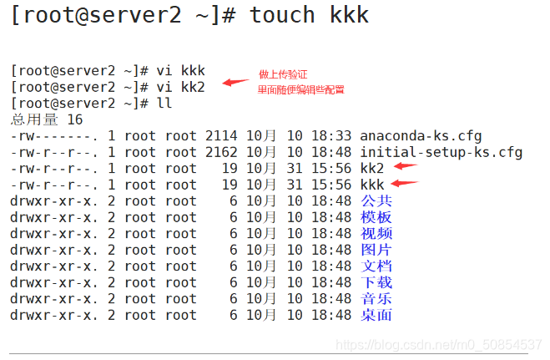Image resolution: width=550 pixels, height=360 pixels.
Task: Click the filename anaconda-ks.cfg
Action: (420, 135)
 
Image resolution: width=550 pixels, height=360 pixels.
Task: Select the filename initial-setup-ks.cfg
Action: (441, 152)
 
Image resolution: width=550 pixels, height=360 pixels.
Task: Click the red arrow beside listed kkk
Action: (405, 183)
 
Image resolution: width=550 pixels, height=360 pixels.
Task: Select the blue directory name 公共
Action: (376, 201)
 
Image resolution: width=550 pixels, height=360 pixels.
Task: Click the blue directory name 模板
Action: (376, 217)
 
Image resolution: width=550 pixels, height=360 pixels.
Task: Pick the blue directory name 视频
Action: (376, 234)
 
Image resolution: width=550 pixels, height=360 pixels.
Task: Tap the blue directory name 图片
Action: (376, 250)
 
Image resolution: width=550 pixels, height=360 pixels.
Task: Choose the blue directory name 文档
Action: (376, 266)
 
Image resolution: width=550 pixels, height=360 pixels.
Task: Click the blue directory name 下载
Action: (376, 282)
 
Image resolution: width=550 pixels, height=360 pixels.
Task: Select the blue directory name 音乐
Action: (376, 299)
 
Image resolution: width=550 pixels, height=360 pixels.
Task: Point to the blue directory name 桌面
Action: (376, 315)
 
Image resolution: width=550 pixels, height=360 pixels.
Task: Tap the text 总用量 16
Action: (46, 119)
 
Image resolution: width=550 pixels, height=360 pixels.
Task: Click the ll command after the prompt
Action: (164, 103)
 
